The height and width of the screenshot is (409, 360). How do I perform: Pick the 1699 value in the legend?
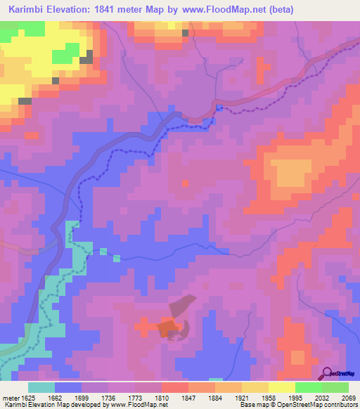82,397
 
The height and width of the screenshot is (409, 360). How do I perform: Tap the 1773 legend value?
136,397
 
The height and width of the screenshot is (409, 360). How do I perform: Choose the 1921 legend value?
243,397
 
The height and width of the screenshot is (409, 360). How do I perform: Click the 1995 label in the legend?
295,397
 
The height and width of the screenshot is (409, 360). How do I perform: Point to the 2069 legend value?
349,397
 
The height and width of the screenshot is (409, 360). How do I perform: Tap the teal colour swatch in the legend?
41,387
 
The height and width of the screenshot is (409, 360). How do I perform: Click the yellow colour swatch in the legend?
281,387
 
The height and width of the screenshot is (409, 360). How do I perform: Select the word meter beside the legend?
9,397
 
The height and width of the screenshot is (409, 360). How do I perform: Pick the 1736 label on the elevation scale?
109,397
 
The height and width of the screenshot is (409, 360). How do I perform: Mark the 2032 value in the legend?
322,397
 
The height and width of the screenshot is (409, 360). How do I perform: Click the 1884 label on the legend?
216,397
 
